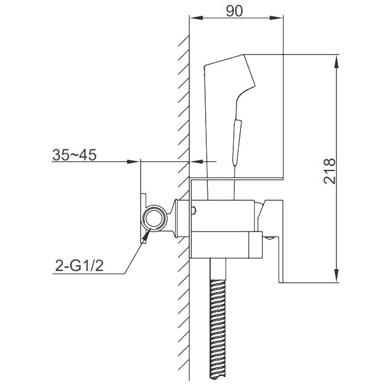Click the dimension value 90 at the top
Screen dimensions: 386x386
tap(235, 11)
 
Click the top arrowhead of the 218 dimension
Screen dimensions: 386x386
tap(337, 60)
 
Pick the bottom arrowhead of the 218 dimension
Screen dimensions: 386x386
tap(337, 278)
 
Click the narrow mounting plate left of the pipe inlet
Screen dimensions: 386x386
tap(142, 218)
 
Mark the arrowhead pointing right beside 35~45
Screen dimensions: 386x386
tap(134, 162)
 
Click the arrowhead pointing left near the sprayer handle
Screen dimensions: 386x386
tap(196, 162)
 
